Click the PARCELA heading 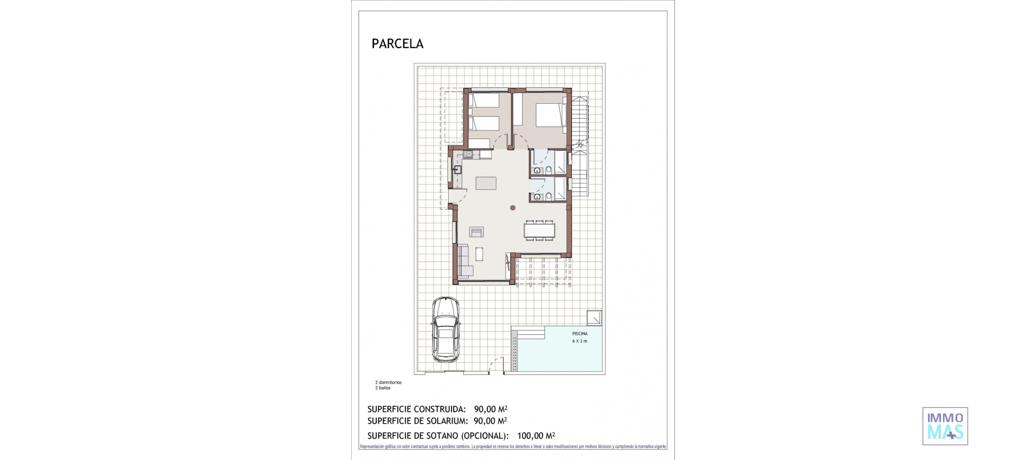coord(397,44)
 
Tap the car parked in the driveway coord(445,329)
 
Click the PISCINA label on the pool coord(580,334)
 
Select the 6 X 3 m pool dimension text coord(580,341)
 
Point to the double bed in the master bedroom coord(550,116)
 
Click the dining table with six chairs coord(539,230)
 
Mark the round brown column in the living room coord(512,208)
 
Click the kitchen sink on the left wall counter coord(83,170)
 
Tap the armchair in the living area coord(476,232)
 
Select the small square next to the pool coord(594,318)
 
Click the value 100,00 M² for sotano coord(536,436)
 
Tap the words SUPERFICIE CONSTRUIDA coord(416,410)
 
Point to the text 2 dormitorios coord(388,382)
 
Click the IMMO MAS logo coord(945,426)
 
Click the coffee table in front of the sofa coord(479,254)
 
